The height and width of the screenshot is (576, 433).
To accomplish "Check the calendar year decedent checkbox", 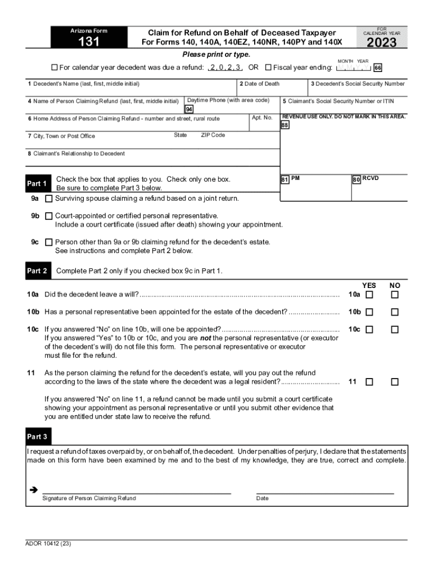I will [x=55, y=68].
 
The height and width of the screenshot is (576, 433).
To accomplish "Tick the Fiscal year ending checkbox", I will [x=268, y=68].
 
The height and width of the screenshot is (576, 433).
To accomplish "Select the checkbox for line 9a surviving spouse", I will [x=49, y=199].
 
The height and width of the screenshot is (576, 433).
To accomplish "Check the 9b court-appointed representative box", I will [x=49, y=216].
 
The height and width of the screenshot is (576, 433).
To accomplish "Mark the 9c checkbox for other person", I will [x=49, y=242].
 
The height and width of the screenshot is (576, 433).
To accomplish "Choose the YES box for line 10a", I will [x=369, y=295].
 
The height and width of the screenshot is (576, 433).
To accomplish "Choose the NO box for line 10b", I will [x=395, y=312].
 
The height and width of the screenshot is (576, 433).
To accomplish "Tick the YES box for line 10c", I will [x=369, y=330].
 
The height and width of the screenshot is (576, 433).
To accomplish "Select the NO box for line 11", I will [x=395, y=382].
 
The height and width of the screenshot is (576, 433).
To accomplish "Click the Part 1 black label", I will [x=37, y=184].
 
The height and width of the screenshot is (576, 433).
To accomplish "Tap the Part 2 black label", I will [x=37, y=271].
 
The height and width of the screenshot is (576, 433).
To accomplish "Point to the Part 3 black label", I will [x=37, y=437].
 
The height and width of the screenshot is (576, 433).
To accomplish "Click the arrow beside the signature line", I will [x=33, y=490].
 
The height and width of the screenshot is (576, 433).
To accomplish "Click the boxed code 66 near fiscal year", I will [x=378, y=68].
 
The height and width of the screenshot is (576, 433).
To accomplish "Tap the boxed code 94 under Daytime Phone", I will [x=189, y=109].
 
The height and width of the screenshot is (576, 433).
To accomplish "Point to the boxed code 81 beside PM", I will [x=285, y=179].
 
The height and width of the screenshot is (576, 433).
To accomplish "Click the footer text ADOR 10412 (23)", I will [x=48, y=544].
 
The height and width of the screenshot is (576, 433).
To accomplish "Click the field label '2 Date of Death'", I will [x=259, y=84].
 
